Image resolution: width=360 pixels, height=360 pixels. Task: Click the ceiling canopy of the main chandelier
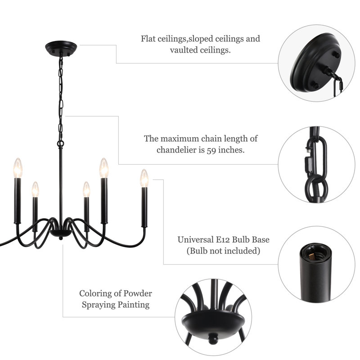coord(61,48)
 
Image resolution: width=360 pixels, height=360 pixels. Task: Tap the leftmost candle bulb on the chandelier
coord(18,168)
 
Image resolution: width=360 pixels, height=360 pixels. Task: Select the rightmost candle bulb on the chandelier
coord(144,178)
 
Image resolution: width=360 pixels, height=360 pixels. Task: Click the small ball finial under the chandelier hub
coord(61,238)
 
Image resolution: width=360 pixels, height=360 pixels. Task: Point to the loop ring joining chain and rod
coord(60,144)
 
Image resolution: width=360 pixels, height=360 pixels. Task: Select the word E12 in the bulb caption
coord(223,239)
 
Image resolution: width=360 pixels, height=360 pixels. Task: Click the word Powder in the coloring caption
coord(138,293)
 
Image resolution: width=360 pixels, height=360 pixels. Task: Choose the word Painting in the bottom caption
coord(134,305)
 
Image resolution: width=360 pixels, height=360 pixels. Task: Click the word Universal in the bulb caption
coord(196,239)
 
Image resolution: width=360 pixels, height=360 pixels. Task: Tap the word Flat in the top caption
coord(148,39)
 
